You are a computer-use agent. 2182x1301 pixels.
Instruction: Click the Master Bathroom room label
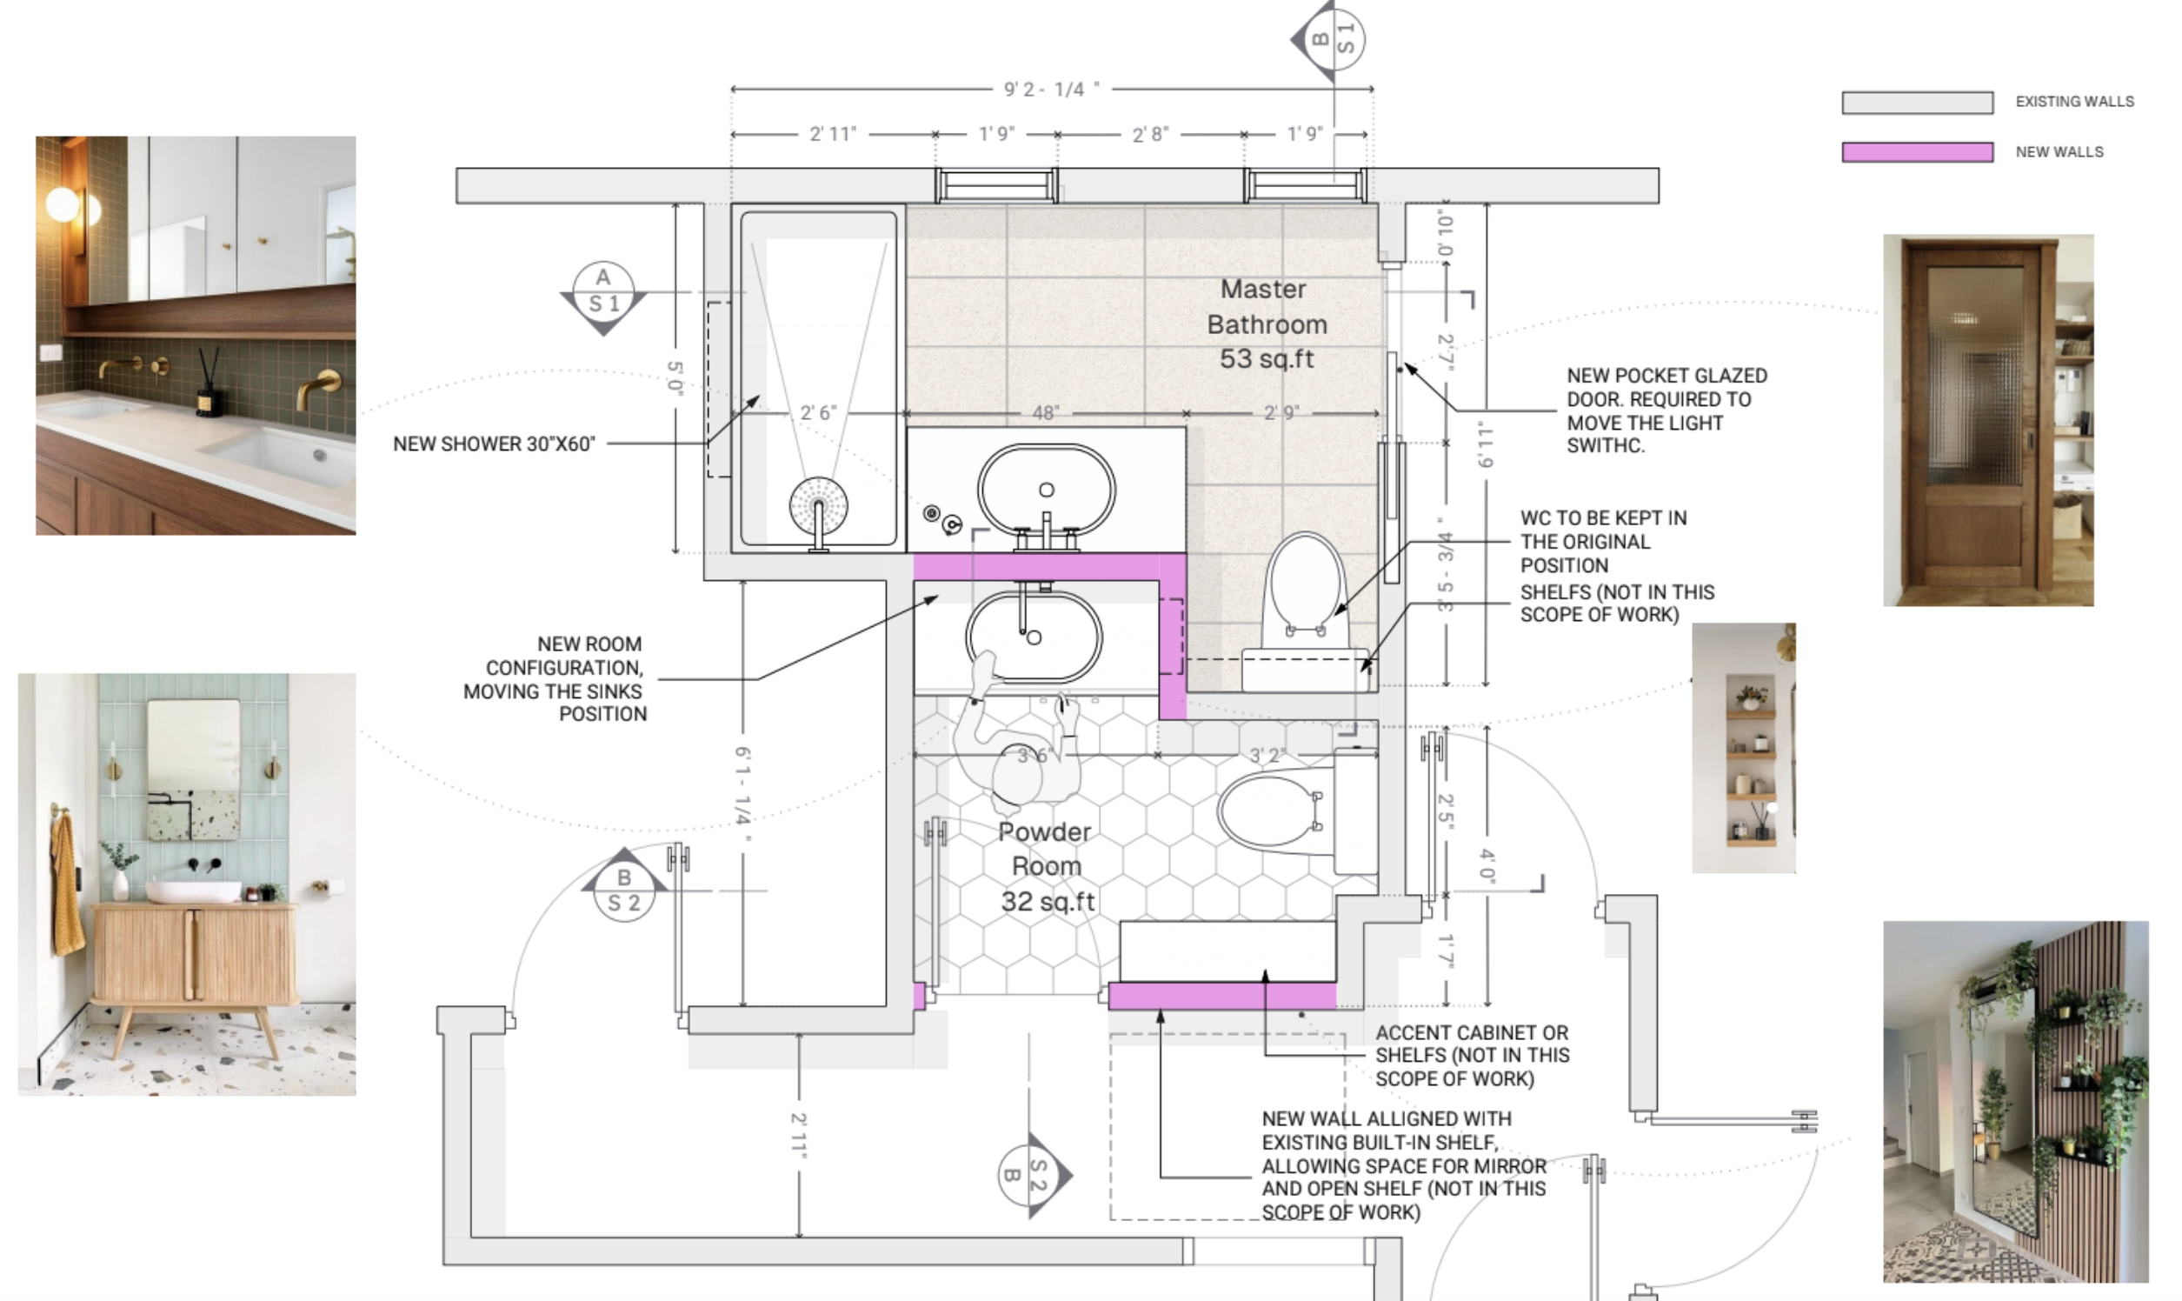[1267, 324]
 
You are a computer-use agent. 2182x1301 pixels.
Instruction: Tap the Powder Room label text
[1047, 866]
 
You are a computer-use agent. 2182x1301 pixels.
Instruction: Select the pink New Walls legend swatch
[1918, 151]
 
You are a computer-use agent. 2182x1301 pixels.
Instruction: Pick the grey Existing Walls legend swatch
[1918, 103]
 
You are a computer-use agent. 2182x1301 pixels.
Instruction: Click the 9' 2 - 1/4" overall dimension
[1051, 89]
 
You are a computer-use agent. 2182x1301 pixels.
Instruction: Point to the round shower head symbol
[819, 506]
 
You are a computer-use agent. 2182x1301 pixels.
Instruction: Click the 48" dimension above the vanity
[1046, 412]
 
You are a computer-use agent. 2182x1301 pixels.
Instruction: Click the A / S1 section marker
[603, 297]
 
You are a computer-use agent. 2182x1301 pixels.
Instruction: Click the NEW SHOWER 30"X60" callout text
[495, 444]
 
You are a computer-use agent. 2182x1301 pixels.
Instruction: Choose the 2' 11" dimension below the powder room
[799, 1135]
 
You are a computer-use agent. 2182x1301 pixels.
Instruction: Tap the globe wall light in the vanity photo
[63, 204]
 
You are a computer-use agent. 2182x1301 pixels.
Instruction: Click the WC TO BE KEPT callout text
[1603, 542]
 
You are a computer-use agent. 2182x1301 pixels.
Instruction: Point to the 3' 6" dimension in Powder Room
[1033, 755]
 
